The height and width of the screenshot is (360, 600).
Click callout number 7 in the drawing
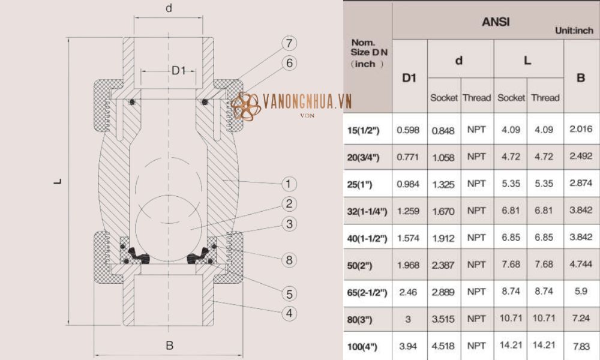289,43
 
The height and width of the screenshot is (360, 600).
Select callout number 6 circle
289,63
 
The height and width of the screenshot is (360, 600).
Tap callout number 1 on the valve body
289,184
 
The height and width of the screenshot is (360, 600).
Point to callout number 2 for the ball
289,204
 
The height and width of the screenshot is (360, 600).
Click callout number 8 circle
289,260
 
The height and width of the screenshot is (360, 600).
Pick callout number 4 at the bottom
289,313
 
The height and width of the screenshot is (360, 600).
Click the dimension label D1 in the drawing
179,71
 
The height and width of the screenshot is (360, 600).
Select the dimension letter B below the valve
170,346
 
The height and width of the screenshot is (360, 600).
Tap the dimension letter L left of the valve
58,181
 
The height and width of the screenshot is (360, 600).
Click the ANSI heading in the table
495,22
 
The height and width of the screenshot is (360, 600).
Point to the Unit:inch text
574,30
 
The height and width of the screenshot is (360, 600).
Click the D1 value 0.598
409,130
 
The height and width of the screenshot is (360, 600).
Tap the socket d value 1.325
444,184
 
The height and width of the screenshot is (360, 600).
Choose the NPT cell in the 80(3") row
476,319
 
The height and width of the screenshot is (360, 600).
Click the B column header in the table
580,77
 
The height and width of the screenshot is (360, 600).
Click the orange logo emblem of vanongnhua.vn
245,106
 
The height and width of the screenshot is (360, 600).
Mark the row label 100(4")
365,346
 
